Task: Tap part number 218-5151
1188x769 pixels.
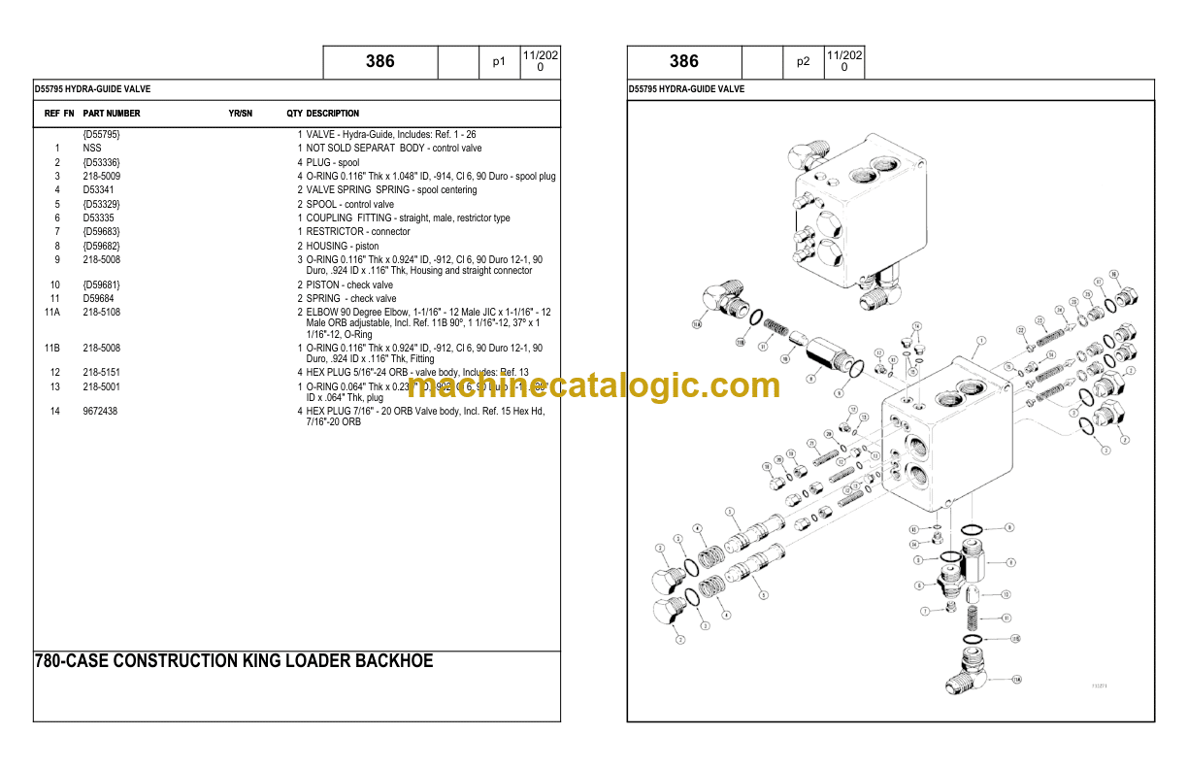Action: pyautogui.click(x=102, y=372)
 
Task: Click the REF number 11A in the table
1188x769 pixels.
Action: pyautogui.click(x=52, y=313)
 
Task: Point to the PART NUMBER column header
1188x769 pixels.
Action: pyautogui.click(x=112, y=114)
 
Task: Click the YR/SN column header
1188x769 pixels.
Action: pyautogui.click(x=240, y=114)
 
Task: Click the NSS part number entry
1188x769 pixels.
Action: pyautogui.click(x=92, y=149)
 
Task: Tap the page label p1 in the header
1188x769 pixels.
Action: pyautogui.click(x=499, y=62)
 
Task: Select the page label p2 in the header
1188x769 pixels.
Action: pyautogui.click(x=803, y=62)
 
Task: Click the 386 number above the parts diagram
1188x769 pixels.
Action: pyautogui.click(x=683, y=62)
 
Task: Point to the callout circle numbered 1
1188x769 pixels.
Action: pyautogui.click(x=981, y=341)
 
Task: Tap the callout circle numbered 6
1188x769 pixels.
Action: pyautogui.click(x=919, y=585)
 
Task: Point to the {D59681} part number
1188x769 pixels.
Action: pyautogui.click(x=102, y=285)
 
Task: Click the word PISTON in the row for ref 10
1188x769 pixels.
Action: pyautogui.click(x=322, y=285)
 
